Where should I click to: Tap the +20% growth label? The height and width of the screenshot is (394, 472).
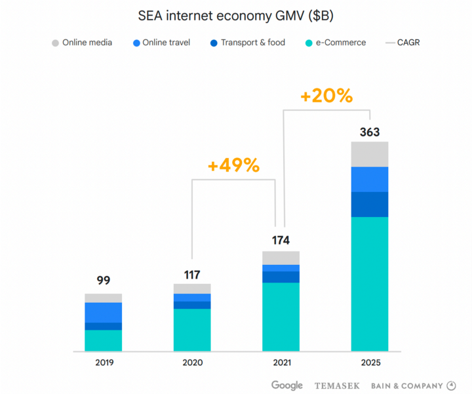pos(326,96)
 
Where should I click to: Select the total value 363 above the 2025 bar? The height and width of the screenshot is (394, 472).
pos(370,132)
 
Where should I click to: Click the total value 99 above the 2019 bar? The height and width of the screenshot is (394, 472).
pos(104,281)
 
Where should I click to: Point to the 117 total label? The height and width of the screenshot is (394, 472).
pos(192,275)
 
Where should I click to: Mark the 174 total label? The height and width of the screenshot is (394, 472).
pos(281,240)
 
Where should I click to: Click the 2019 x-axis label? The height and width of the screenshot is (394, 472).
pos(104,363)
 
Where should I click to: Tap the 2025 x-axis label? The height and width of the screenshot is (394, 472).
pos(370,363)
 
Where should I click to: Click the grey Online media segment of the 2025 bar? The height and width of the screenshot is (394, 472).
pos(370,154)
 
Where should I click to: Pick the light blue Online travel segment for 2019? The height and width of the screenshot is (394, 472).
pos(104,313)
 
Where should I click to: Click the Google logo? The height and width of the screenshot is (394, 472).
pos(287,385)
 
